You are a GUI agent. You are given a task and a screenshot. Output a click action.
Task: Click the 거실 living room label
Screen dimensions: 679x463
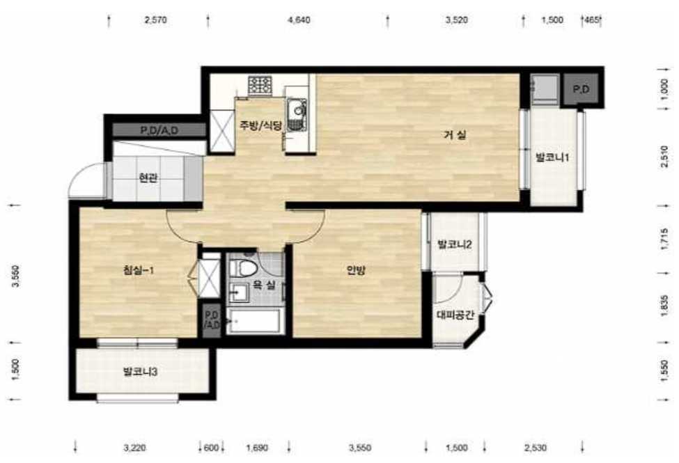[455, 135]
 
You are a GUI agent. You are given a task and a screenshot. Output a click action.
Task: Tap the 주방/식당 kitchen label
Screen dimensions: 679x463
[261, 125]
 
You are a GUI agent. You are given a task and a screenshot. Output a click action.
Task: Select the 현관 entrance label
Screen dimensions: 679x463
[148, 178]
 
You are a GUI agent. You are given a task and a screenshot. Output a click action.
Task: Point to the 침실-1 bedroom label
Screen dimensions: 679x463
[139, 271]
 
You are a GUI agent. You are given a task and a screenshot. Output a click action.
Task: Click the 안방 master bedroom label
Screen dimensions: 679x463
[356, 270]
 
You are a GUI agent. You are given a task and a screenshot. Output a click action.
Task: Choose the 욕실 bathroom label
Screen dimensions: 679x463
[264, 285]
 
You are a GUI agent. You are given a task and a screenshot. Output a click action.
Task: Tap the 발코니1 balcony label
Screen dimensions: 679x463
[552, 157]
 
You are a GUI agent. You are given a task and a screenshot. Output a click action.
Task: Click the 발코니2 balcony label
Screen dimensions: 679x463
[455, 244]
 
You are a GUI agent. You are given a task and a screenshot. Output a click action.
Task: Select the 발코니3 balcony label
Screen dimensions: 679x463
[140, 372]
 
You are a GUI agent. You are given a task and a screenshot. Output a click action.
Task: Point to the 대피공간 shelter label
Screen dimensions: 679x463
[455, 315]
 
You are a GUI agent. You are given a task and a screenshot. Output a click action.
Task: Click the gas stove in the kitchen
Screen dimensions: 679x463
[260, 86]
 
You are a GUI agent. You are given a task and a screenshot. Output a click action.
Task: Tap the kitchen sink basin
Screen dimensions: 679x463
[297, 109]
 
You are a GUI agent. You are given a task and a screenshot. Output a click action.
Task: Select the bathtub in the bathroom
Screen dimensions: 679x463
[255, 322]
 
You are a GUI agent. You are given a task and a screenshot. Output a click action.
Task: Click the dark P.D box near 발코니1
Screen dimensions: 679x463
[581, 89]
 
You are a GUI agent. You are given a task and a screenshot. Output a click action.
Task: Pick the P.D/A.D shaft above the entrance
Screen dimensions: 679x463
[159, 130]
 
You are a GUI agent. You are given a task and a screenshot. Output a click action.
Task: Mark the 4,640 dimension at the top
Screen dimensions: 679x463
[299, 20]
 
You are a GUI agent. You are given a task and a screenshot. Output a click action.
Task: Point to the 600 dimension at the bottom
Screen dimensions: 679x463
[211, 448]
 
